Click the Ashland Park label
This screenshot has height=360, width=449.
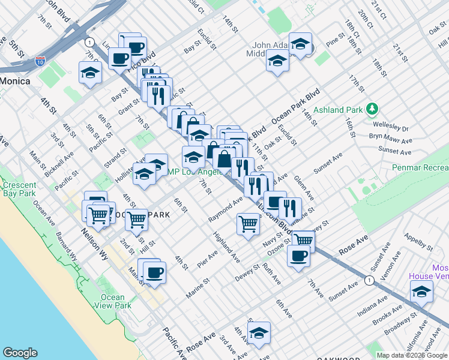click(342, 110)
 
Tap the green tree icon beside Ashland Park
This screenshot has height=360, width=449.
click(373, 109)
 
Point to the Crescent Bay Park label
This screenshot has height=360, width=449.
click(19, 190)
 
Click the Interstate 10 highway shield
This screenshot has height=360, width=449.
click(40, 61)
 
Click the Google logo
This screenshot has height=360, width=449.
click(20, 353)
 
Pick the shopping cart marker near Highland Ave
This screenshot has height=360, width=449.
click(248, 224)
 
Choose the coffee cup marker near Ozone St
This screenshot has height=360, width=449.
click(298, 256)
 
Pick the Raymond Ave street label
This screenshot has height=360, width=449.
click(224, 209)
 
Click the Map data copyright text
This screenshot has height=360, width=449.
click(411, 355)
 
